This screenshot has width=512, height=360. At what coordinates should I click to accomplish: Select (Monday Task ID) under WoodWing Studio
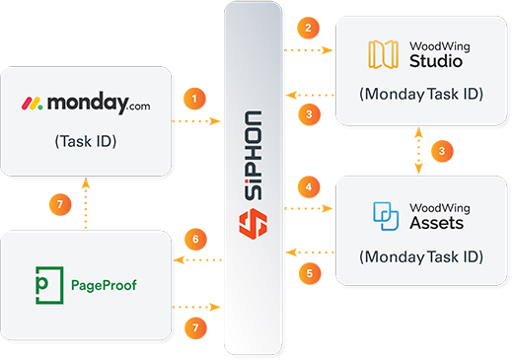tap(421, 95)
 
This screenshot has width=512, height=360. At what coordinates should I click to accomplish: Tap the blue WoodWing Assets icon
tap(385, 215)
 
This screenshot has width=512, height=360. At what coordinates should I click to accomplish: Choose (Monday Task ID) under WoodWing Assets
tap(421, 256)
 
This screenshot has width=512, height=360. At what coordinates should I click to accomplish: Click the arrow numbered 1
tap(196, 100)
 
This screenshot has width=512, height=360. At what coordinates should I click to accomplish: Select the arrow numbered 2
tap(309, 29)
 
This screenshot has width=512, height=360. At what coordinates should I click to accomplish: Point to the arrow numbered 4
tap(309, 186)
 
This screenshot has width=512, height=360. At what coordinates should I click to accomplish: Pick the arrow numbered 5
tap(309, 273)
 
